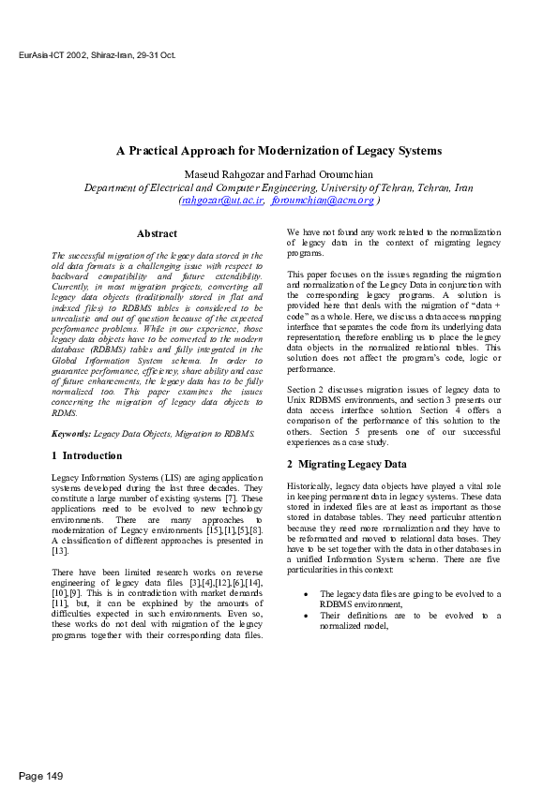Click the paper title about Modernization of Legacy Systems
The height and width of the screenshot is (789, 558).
[279, 150]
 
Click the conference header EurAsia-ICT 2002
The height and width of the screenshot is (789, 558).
[98, 55]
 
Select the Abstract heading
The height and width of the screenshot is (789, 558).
[157, 233]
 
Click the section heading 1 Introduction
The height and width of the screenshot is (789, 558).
[86, 455]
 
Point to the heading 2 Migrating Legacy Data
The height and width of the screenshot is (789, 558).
[346, 464]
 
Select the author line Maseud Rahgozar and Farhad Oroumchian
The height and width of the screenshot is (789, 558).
[279, 174]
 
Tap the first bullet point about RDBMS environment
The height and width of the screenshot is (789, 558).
[410, 599]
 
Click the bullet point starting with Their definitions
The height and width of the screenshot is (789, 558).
[410, 620]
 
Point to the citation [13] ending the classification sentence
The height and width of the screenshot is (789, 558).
[60, 550]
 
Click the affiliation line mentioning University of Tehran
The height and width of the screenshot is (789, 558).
[279, 187]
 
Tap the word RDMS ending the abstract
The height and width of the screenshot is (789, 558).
[64, 412]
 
